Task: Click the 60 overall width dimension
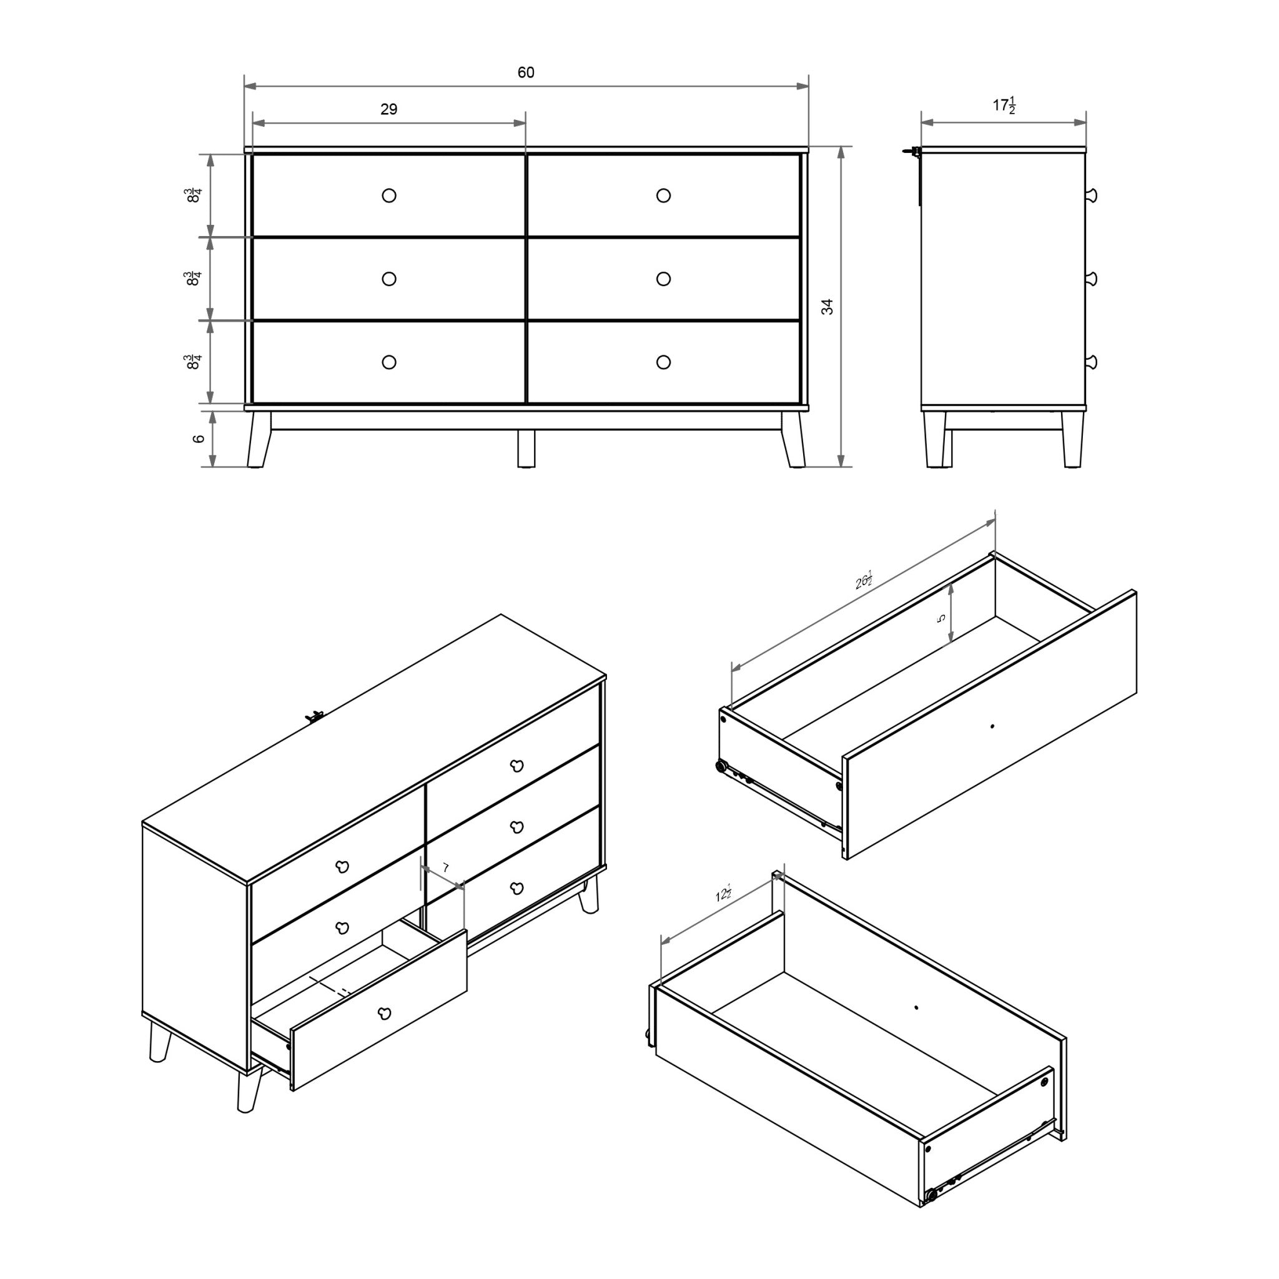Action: pyautogui.click(x=526, y=72)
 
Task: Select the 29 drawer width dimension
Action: pyautogui.click(x=388, y=109)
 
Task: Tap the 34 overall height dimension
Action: pyautogui.click(x=827, y=307)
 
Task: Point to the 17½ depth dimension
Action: pyautogui.click(x=1004, y=106)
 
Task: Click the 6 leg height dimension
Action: pyautogui.click(x=198, y=439)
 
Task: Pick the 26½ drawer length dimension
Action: pyautogui.click(x=863, y=581)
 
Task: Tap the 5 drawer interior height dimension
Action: pyautogui.click(x=941, y=618)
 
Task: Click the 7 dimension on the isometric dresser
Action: pyautogui.click(x=445, y=867)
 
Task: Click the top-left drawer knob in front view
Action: pyautogui.click(x=389, y=195)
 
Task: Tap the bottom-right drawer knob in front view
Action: pyautogui.click(x=663, y=362)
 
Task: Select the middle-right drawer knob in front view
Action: pyautogui.click(x=663, y=279)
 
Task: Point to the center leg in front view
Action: pyautogui.click(x=526, y=449)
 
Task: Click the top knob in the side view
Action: pyautogui.click(x=1091, y=195)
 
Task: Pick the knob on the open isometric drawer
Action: pyautogui.click(x=384, y=1013)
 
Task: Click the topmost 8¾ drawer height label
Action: pyautogui.click(x=194, y=195)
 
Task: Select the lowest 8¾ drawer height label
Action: pyautogui.click(x=194, y=362)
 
